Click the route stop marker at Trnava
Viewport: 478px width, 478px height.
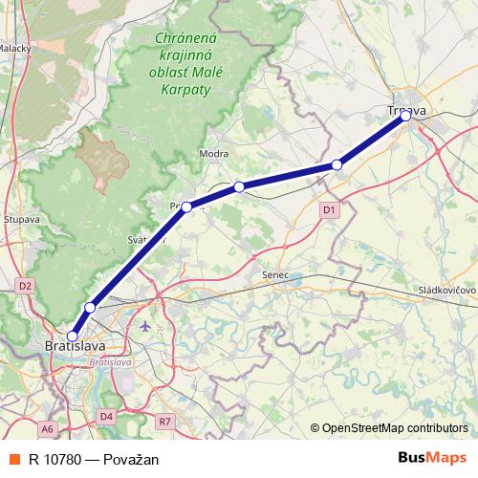(x=405, y=116)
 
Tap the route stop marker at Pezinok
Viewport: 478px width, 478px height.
(x=187, y=206)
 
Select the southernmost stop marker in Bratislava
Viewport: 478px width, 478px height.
(x=73, y=336)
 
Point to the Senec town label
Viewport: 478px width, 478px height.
(x=275, y=275)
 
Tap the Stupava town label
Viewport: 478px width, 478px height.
(x=21, y=219)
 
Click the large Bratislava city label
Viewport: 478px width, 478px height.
(x=75, y=347)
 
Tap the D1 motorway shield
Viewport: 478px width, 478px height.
(x=329, y=209)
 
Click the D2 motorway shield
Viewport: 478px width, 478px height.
(x=25, y=285)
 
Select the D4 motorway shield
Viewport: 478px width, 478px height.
(x=106, y=416)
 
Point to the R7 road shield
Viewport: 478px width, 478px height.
(x=164, y=421)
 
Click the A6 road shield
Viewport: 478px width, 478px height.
(x=48, y=428)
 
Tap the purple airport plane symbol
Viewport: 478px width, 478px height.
(x=145, y=326)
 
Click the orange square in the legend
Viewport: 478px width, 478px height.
(x=13, y=459)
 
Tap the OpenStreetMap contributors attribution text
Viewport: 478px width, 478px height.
(x=395, y=429)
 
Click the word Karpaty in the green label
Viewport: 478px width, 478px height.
(x=186, y=87)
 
